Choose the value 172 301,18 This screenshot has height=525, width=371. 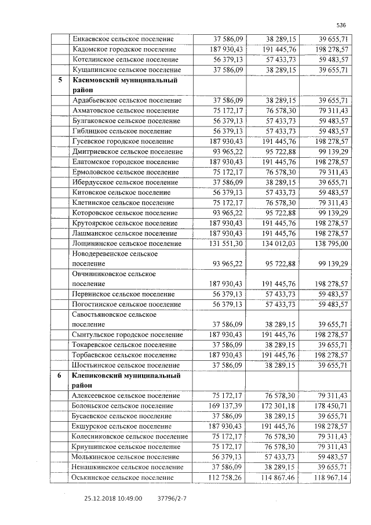pos(279,405)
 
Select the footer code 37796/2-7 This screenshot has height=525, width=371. pos(172,497)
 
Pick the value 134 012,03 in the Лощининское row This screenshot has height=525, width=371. pos(279,244)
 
